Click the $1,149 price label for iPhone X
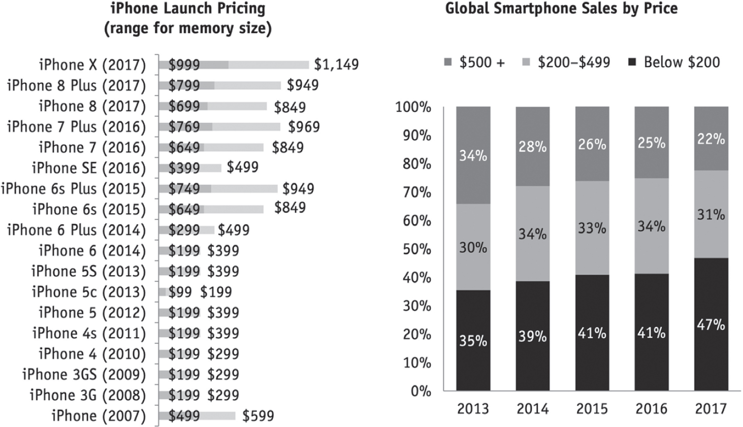(336, 64)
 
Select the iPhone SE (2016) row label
(88, 168)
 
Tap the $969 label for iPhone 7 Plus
(304, 126)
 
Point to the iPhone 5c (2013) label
(88, 292)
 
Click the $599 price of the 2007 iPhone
(258, 416)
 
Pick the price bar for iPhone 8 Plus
(219, 85)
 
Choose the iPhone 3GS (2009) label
(84, 375)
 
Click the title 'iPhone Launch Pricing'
(188, 9)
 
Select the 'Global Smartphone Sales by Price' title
(561, 9)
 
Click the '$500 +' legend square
(448, 62)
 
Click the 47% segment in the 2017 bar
(711, 324)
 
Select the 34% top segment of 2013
(473, 155)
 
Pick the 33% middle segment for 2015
(592, 228)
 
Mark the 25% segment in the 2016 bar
(652, 143)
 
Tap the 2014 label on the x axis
(533, 409)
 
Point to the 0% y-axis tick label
(421, 391)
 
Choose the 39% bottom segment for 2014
(533, 336)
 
